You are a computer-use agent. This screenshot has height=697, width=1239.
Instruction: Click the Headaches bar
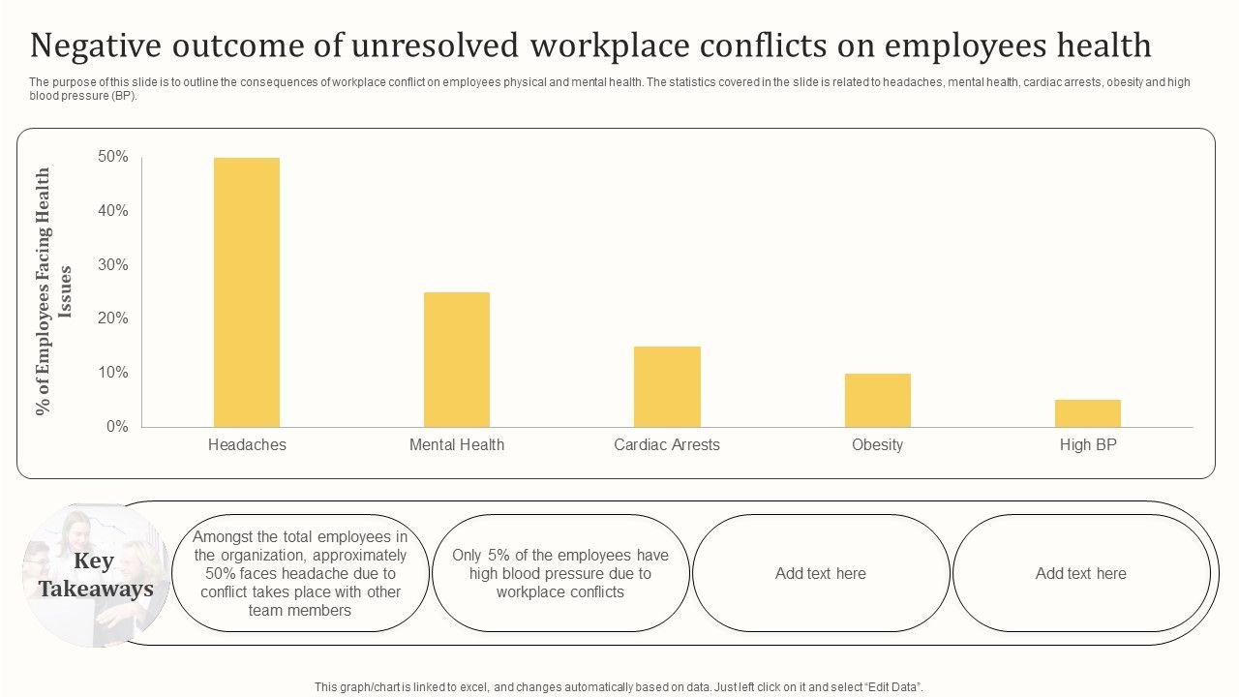click(247, 291)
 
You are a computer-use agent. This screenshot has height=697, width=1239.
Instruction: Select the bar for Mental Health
click(457, 359)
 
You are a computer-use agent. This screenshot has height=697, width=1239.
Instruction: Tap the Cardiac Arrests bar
click(667, 386)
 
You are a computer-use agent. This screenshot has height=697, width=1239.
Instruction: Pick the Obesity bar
click(877, 400)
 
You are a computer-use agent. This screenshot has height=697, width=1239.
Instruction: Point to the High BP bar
click(1088, 413)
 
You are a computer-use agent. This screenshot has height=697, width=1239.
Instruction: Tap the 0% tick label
click(117, 426)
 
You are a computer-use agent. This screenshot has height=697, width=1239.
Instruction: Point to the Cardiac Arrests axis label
click(667, 445)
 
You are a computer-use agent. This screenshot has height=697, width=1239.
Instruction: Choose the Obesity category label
click(877, 445)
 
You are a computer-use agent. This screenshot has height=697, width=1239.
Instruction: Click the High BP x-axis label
click(1088, 445)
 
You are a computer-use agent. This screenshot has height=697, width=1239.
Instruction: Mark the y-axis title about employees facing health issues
click(54, 291)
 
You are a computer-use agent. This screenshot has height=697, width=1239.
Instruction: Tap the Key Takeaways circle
click(96, 574)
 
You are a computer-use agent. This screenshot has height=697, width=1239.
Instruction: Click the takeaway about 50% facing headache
click(300, 573)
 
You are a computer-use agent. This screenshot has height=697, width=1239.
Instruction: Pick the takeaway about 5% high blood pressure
click(560, 573)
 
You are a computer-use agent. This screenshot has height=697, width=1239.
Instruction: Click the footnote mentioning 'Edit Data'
click(619, 686)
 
